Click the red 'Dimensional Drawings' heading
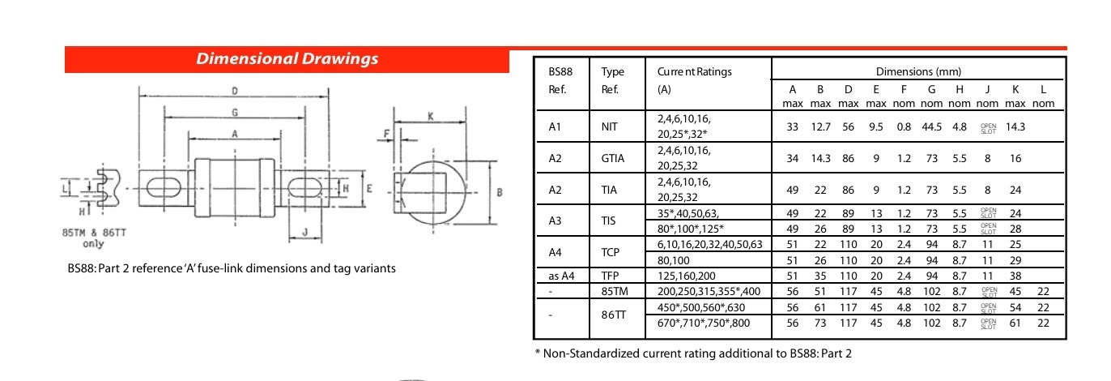(287, 59)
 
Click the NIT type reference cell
(609, 126)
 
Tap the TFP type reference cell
(610, 276)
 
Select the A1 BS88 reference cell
(555, 126)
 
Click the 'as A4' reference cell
(561, 276)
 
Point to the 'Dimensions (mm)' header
(913, 72)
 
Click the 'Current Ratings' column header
(694, 71)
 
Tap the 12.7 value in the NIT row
(820, 126)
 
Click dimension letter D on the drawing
(235, 90)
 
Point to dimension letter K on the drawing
(430, 117)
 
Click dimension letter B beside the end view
(500, 192)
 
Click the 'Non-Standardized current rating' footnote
(693, 353)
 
